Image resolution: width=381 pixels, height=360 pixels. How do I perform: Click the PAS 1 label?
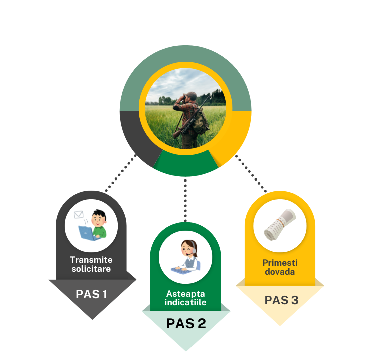click(91, 294)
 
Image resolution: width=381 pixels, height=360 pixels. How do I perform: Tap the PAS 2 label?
click(186, 323)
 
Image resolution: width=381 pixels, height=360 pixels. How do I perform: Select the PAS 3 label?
click(281, 300)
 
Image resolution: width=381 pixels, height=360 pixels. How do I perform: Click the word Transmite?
click(91, 260)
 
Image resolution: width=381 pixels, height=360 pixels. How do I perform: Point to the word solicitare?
click(91, 269)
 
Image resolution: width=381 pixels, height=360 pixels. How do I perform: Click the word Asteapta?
click(186, 293)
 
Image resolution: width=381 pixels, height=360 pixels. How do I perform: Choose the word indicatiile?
click(186, 302)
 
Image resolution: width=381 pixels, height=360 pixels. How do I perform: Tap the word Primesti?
click(280, 263)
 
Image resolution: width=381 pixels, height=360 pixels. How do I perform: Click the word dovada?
click(280, 272)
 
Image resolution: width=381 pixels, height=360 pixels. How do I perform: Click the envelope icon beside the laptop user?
click(78, 215)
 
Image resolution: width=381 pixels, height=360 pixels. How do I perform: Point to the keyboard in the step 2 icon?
click(181, 269)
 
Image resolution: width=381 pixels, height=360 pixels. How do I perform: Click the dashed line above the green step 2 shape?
click(184, 201)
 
